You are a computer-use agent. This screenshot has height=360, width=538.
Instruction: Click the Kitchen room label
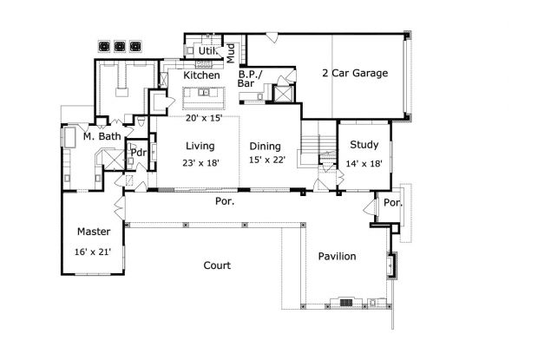(201, 75)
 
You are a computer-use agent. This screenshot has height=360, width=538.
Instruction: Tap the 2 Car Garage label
(354, 73)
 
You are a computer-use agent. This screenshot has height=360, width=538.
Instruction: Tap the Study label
(363, 146)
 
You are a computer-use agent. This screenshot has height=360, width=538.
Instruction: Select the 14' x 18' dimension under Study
(363, 163)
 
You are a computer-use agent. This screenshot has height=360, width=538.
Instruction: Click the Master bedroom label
(93, 232)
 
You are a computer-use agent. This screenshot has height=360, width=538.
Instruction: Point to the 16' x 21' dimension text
(93, 252)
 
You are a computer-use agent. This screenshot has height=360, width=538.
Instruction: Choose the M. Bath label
(102, 136)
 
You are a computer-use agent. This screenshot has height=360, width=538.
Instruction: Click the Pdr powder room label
(137, 154)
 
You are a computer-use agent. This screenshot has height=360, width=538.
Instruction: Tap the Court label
(216, 265)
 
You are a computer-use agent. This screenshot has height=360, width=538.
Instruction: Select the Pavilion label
(337, 257)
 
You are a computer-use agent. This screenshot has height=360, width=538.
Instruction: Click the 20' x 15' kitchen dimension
(204, 118)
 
